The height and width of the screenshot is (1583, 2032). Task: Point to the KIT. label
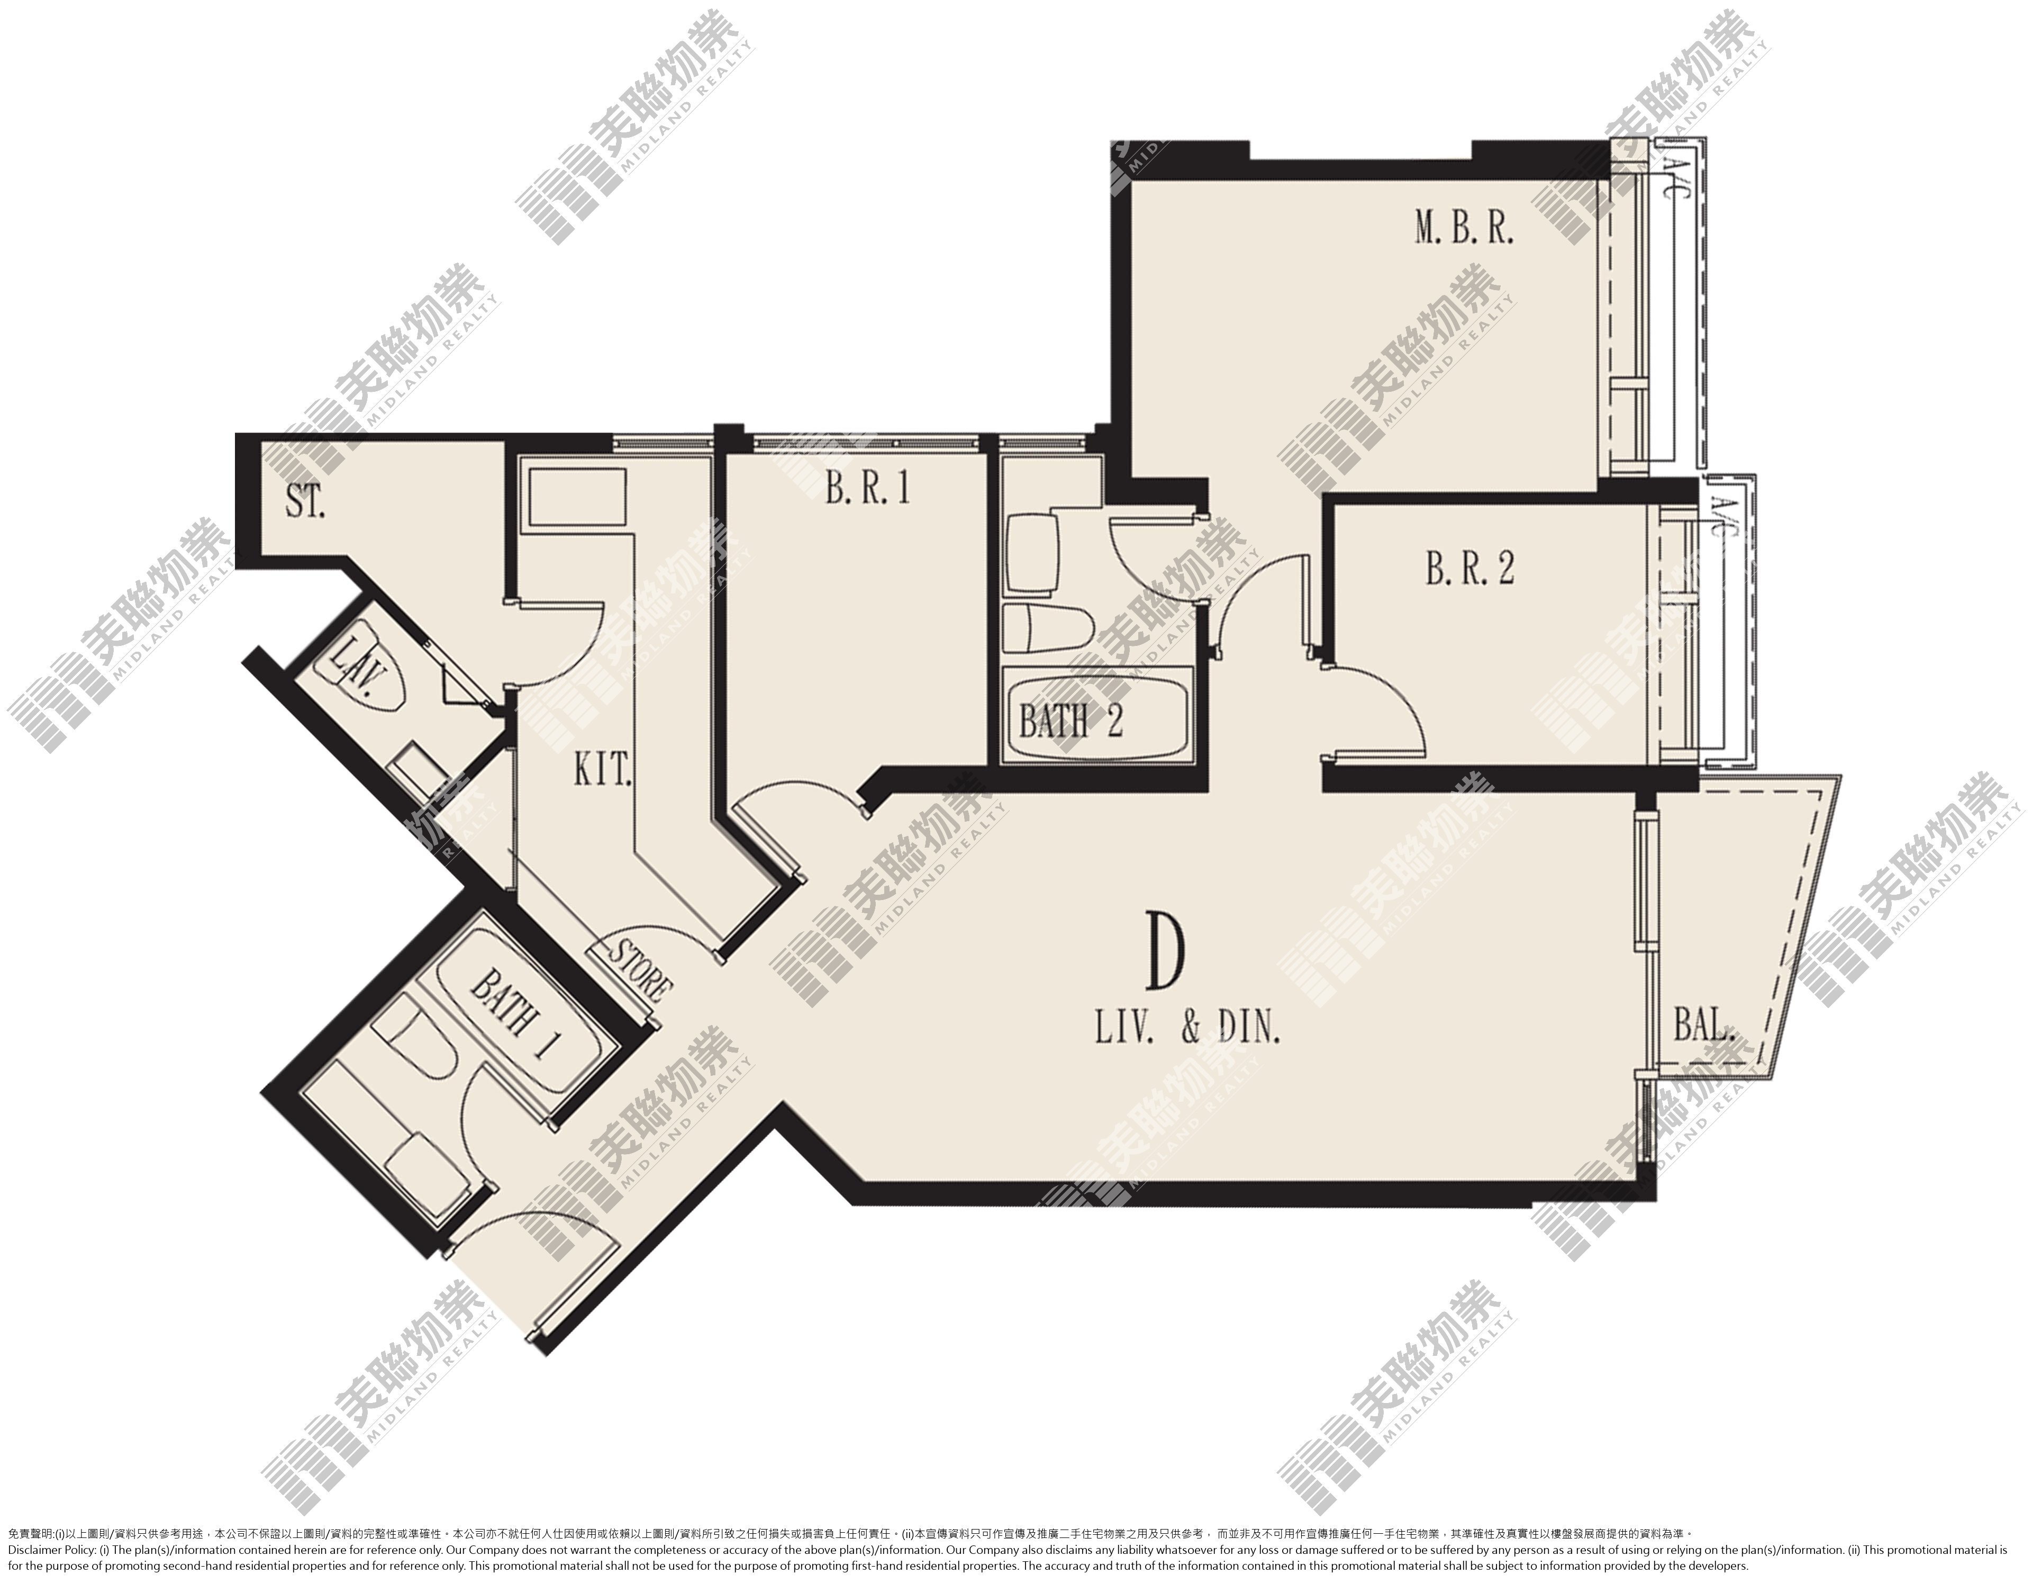pyautogui.click(x=602, y=770)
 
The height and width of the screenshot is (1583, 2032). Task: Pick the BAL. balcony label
pyautogui.click(x=1704, y=1027)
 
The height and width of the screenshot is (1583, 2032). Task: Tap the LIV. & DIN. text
pyautogui.click(x=1188, y=1031)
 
